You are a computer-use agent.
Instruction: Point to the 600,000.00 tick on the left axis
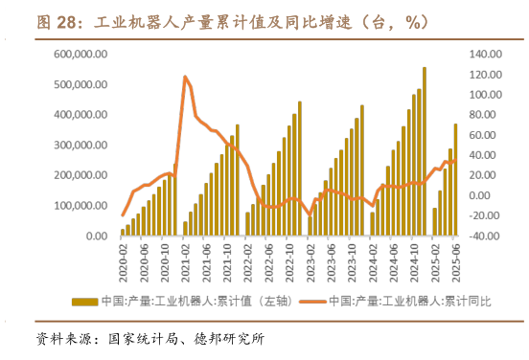[81, 55]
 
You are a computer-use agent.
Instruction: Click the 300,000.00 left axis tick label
[81, 146]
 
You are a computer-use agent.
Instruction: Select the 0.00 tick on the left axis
[96, 236]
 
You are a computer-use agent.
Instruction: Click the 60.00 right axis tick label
[484, 135]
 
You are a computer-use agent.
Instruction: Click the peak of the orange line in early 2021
[185, 77]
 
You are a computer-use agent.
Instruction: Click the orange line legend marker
[312, 301]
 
